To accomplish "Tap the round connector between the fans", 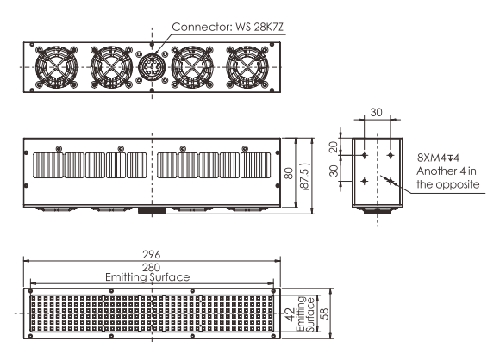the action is click(152, 67).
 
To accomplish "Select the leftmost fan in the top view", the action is click(56, 67).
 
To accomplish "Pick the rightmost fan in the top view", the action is click(247, 67).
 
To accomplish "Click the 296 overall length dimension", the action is click(151, 255).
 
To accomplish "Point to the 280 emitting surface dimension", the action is click(151, 267).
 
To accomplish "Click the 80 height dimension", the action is click(289, 173).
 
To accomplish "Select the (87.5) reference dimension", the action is click(305, 177).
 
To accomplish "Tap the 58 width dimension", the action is click(326, 313).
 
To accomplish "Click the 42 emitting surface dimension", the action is click(289, 314).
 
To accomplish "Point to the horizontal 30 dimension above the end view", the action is click(376, 112).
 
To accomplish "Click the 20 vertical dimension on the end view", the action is click(334, 147).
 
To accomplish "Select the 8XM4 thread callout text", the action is click(438, 158).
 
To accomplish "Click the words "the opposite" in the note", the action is click(448, 184).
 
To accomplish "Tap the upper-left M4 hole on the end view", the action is click(365, 156).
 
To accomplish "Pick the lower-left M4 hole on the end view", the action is click(365, 181).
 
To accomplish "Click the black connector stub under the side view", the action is click(152, 211).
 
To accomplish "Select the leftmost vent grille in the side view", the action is click(48, 165).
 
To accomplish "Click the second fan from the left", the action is click(111, 67).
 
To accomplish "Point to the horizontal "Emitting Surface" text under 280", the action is click(147, 277).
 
